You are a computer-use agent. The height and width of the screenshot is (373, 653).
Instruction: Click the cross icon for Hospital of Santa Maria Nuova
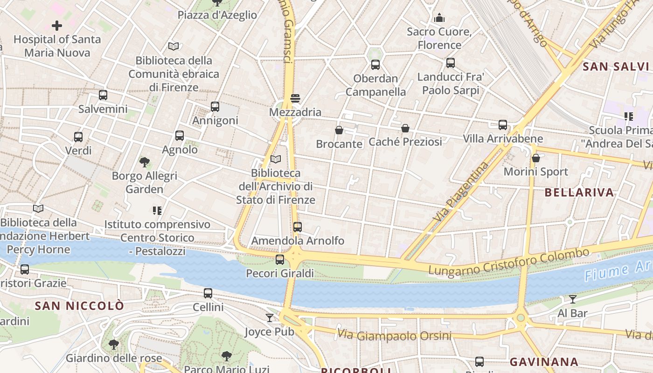pyautogui.click(x=57, y=26)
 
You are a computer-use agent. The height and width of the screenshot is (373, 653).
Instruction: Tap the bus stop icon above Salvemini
pyautogui.click(x=103, y=95)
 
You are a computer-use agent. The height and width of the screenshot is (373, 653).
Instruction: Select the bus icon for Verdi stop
pyautogui.click(x=78, y=137)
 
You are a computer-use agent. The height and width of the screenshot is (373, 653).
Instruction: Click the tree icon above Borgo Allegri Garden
pyautogui.click(x=145, y=162)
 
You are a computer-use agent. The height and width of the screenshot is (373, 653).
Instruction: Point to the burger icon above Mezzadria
pyautogui.click(x=295, y=98)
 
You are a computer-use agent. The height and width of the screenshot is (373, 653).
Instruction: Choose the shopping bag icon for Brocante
pyautogui.click(x=339, y=130)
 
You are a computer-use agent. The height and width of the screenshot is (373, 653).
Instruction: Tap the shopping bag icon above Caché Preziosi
pyautogui.click(x=405, y=128)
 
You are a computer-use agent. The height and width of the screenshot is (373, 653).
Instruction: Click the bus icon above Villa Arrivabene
pyautogui.click(x=503, y=125)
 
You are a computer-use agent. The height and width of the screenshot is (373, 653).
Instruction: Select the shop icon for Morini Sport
pyautogui.click(x=536, y=158)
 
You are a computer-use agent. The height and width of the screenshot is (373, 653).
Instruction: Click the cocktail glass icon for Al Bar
pyautogui.click(x=572, y=299)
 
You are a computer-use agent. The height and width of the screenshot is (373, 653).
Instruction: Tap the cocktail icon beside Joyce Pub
pyautogui.click(x=270, y=318)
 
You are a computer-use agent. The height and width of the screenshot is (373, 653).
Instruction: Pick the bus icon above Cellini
pyautogui.click(x=208, y=293)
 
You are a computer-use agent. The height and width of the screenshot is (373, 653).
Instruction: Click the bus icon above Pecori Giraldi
pyautogui.click(x=280, y=260)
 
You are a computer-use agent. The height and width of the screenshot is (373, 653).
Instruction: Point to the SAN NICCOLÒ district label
pyautogui.click(x=80, y=306)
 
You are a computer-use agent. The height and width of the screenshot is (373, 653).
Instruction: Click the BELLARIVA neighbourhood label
pyautogui.click(x=579, y=193)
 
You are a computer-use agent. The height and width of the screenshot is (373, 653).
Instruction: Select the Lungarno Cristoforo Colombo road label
pyautogui.click(x=508, y=262)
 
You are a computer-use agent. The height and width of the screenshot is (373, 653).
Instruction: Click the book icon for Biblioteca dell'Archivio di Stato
pyautogui.click(x=276, y=159)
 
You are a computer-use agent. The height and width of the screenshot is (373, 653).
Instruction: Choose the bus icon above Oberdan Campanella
pyautogui.click(x=375, y=65)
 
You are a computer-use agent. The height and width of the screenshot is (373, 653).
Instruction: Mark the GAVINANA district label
pyautogui.click(x=544, y=362)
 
